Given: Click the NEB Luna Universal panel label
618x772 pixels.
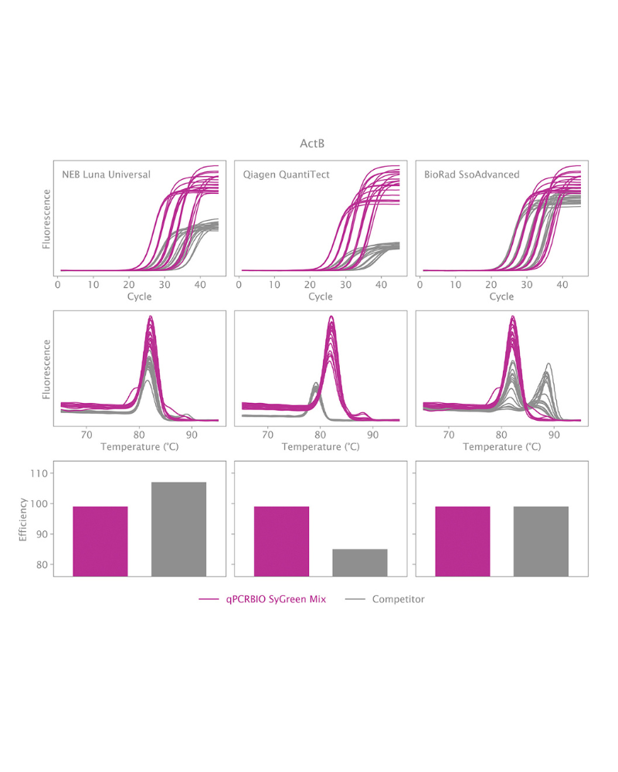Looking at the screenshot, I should (x=106, y=174).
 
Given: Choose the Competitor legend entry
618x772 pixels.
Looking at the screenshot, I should (x=398, y=599).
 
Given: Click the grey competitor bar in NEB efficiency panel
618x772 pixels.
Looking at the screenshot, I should (x=178, y=529).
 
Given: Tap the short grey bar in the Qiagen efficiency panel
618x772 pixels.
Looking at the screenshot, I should (x=359, y=562).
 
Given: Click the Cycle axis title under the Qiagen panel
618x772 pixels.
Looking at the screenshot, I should (x=320, y=297).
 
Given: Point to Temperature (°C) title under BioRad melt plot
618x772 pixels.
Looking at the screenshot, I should (x=501, y=447).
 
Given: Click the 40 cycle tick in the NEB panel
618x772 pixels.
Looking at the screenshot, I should (x=199, y=285).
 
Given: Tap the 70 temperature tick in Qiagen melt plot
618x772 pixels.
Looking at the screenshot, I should (x=268, y=434).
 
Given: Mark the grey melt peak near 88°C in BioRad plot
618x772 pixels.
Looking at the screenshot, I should (x=548, y=364).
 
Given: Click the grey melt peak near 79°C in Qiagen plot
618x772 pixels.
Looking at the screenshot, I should (x=315, y=384).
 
